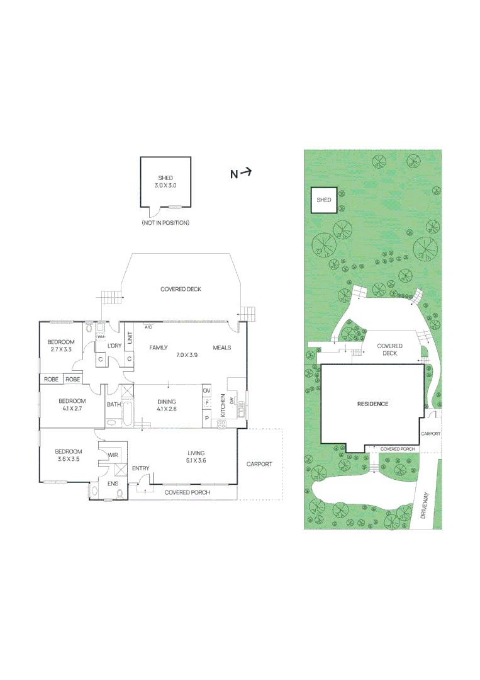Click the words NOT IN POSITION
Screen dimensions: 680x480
pos(165,223)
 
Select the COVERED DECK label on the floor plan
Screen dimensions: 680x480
pos(181,289)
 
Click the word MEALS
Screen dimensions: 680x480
pos(222,348)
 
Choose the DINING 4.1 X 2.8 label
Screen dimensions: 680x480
pos(167,405)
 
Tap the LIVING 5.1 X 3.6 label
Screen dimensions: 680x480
pos(197,456)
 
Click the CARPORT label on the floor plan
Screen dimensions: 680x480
pos(259,464)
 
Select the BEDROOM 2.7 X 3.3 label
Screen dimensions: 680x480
pos(62,346)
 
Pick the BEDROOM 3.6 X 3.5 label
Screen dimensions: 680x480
pos(68,455)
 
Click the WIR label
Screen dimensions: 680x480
pos(113,455)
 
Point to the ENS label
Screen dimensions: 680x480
pos(113,484)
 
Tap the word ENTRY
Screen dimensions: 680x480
pos(141,468)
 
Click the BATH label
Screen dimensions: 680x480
pos(113,405)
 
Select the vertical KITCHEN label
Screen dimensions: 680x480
pos(223,405)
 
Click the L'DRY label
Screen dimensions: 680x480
pos(114,346)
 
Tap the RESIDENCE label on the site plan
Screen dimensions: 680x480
pos(373,404)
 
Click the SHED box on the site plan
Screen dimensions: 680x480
pos(323,200)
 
